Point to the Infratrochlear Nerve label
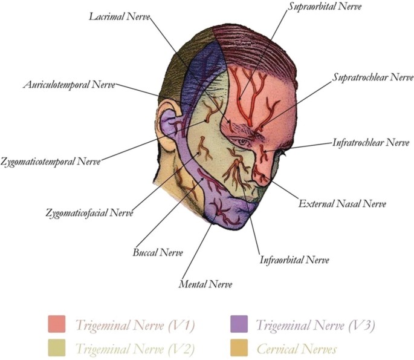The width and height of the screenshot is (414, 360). tap(370, 143)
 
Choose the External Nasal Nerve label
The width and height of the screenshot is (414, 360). tap(342, 204)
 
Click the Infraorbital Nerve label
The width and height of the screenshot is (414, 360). tap(294, 261)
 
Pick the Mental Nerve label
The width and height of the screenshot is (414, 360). tap(205, 283)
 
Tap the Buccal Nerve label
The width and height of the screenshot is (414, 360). tap(157, 252)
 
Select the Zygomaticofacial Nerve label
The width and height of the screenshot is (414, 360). tap(89, 213)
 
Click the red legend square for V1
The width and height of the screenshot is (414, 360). tap(56, 324)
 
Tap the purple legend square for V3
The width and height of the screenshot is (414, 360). tap(239, 324)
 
